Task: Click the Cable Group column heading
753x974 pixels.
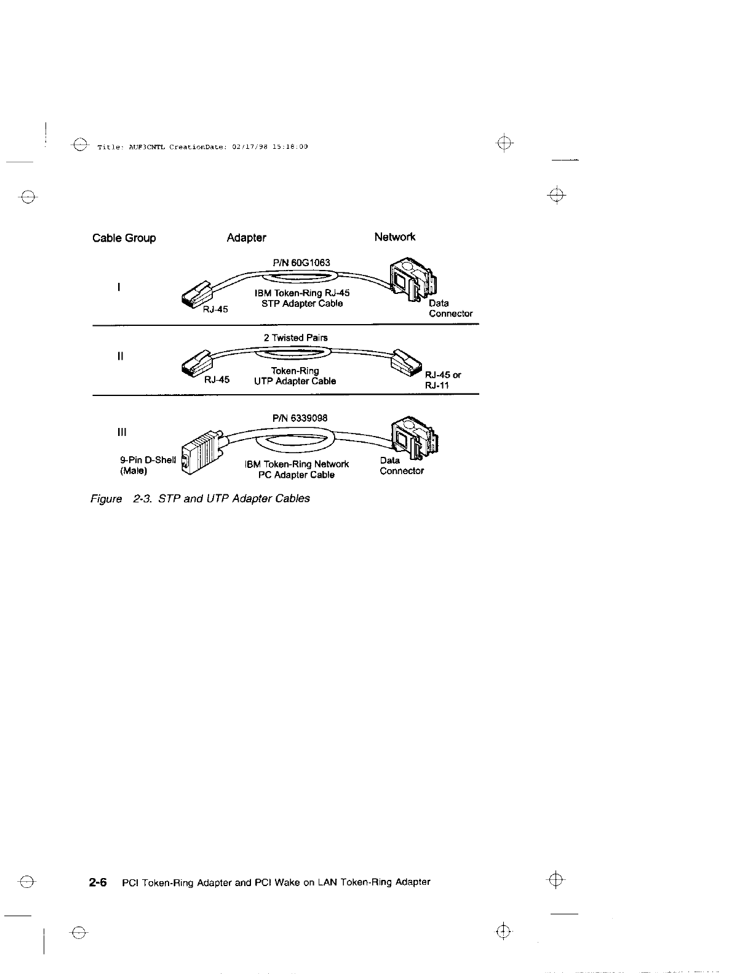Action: coord(124,238)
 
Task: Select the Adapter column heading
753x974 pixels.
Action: coord(246,237)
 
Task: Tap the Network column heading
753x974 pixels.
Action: coord(394,237)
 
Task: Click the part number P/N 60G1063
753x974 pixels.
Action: coord(301,263)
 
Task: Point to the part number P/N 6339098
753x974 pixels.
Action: coord(300,418)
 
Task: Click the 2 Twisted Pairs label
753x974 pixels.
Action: coord(295,338)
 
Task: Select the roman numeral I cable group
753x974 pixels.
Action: coord(118,287)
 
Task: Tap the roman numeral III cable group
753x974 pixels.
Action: coord(121,432)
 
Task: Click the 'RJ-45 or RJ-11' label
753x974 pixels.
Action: coord(442,380)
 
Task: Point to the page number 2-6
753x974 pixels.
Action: coord(98,882)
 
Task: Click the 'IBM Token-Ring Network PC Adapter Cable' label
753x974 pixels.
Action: coord(297,469)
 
